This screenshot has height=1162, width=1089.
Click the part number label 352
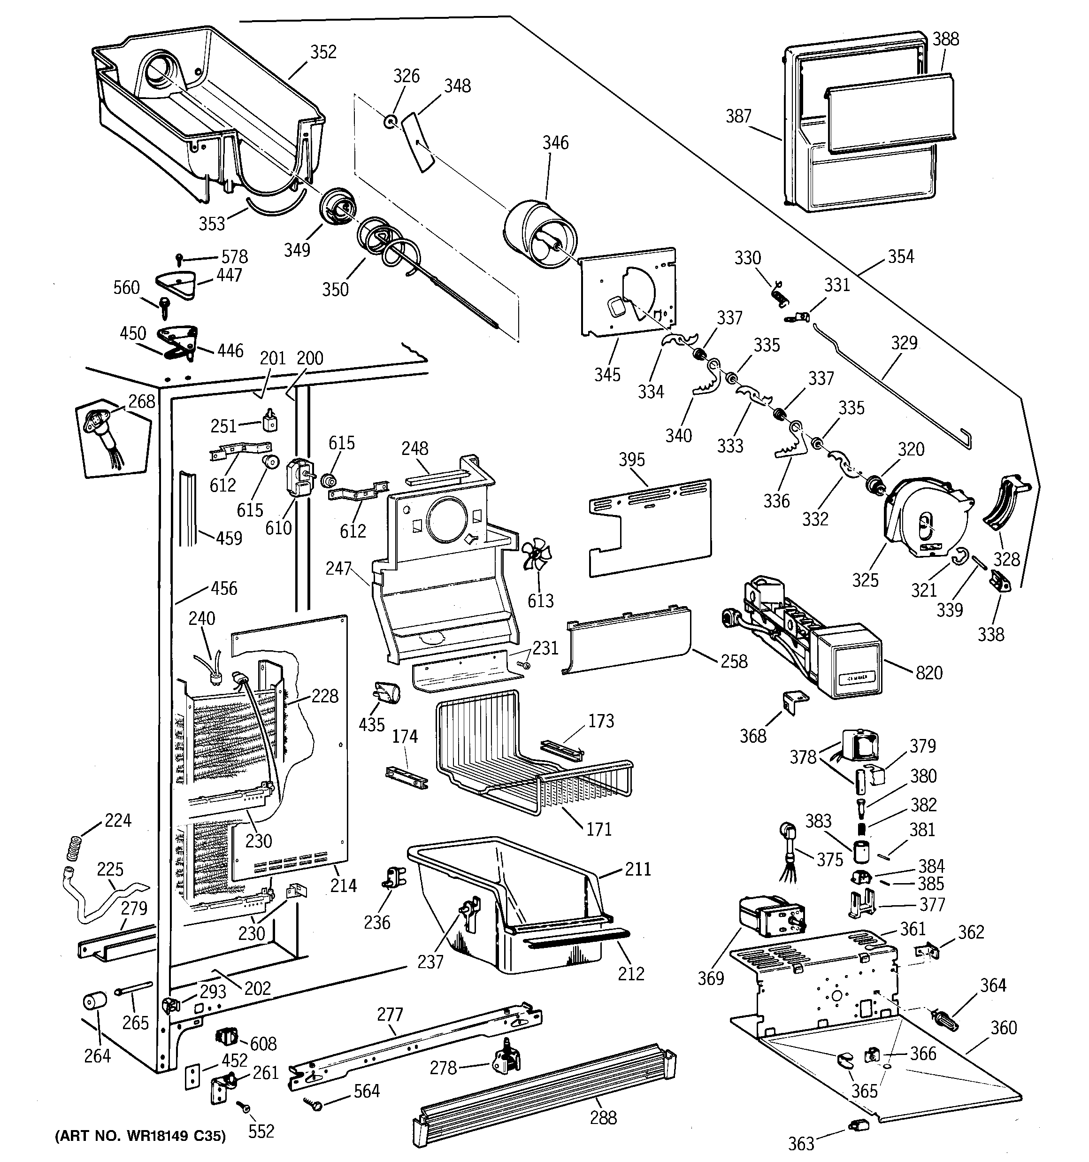(x=323, y=52)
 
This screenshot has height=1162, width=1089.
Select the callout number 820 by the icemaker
(x=929, y=673)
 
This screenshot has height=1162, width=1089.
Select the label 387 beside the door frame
(x=738, y=116)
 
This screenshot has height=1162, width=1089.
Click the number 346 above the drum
(x=555, y=143)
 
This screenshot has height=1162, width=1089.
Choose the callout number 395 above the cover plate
(x=632, y=460)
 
